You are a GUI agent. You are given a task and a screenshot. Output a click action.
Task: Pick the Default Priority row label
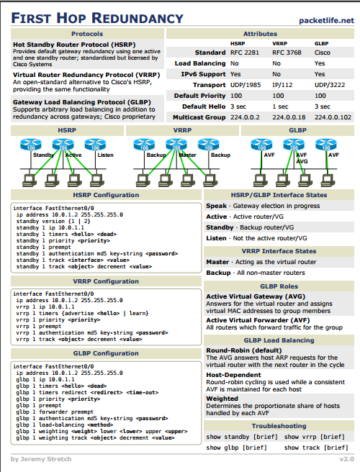pos(199,95)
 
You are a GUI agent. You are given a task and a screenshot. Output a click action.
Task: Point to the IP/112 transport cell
pos(282,84)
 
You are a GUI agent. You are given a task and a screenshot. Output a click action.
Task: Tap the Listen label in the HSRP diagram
pos(104,155)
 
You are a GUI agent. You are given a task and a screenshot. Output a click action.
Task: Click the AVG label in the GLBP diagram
pos(302,162)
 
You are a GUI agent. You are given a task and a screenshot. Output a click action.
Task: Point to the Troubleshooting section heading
pos(279,426)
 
